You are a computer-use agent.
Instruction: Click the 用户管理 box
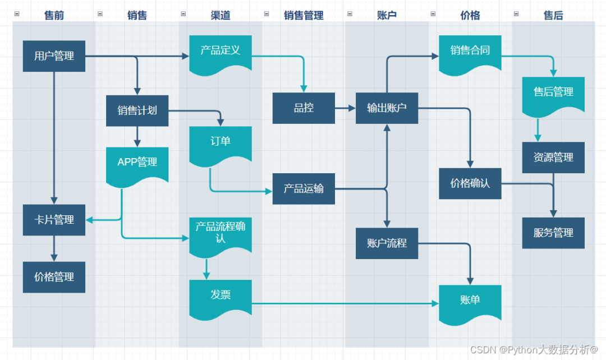(54, 56)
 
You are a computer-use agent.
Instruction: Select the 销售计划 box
(137, 110)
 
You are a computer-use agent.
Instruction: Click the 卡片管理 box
(54, 220)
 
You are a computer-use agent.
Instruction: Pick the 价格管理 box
(54, 277)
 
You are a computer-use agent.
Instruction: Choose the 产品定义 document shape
(220, 52)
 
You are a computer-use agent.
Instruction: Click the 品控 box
(304, 108)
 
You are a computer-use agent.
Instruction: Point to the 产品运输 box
(304, 188)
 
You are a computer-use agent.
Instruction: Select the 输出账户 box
(387, 108)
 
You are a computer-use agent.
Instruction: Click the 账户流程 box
(387, 243)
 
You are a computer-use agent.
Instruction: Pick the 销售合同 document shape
(470, 52)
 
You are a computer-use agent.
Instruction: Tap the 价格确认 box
(470, 183)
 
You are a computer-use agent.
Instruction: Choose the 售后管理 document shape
(553, 94)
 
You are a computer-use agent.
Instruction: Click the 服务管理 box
(553, 233)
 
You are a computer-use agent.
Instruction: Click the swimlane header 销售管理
(304, 16)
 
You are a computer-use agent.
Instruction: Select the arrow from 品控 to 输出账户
(345, 108)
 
